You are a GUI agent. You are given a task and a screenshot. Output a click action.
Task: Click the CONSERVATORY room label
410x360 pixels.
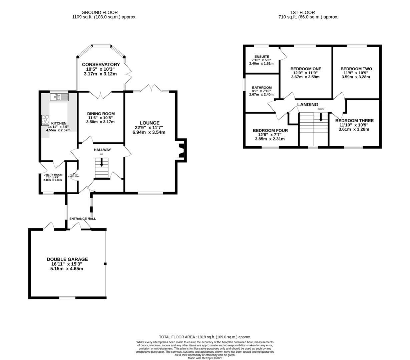pos(101,64)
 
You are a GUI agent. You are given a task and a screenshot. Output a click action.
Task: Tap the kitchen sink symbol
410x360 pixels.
pos(59,97)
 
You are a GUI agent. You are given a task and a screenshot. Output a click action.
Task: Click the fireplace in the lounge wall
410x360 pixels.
pos(181,150)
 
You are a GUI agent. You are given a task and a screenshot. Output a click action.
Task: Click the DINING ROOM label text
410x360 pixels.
pos(101,113)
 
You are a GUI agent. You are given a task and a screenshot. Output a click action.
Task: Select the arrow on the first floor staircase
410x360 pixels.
pos(321,117)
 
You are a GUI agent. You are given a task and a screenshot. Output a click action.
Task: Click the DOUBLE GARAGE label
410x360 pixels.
pos(67,259)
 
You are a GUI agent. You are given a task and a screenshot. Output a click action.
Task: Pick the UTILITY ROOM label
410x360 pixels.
pos(53,175)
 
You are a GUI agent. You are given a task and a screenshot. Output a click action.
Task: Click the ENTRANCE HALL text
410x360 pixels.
pos(82,219)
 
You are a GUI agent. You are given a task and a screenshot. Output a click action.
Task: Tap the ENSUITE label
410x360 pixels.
pos(262,57)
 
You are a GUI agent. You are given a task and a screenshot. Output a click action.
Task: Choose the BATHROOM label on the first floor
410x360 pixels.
pos(262,88)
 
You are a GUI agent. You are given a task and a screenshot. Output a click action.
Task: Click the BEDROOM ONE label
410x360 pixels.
pos(306,69)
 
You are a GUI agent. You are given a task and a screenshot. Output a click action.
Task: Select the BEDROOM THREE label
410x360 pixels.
pos(354,121)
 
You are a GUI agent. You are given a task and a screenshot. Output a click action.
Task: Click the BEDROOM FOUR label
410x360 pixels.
pos(270,130)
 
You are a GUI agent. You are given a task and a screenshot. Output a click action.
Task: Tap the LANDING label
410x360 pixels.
pos(308,105)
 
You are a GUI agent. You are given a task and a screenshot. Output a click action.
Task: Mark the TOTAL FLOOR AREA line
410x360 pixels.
pos(205,337)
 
